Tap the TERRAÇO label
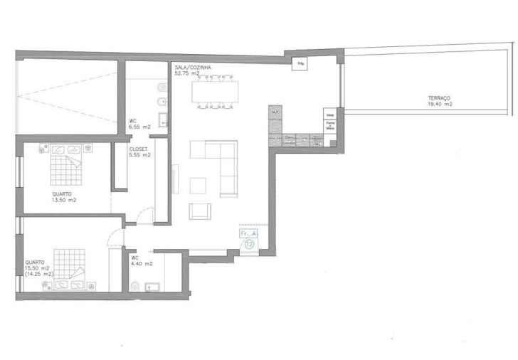(439, 98)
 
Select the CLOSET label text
(139, 149)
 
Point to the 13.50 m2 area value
(64, 200)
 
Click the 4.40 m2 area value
(141, 264)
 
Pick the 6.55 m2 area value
(139, 127)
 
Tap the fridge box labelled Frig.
(301, 63)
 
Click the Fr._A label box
(249, 233)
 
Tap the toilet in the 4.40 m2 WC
(135, 286)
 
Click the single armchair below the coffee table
(200, 211)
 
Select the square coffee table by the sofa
(199, 184)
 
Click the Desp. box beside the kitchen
(329, 114)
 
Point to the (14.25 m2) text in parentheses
(39, 274)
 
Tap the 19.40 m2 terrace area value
(440, 104)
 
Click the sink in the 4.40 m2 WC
(151, 287)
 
